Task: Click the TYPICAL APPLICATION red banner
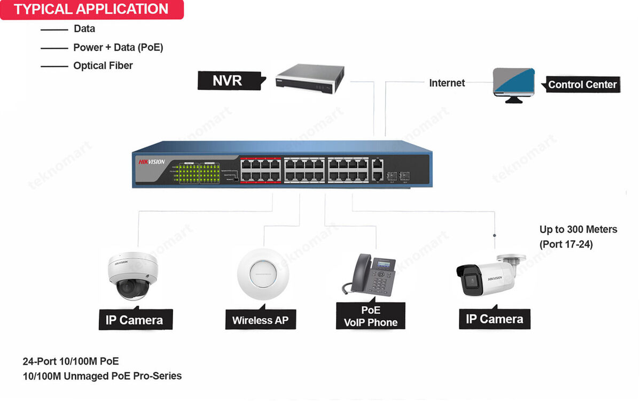[91, 9]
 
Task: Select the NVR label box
[229, 80]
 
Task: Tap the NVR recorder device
[308, 79]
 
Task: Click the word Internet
[447, 83]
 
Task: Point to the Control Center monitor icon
[513, 84]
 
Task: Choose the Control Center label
[582, 84]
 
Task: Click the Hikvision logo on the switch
[152, 162]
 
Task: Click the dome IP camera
[133, 275]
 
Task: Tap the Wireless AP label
[260, 320]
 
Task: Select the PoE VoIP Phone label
[371, 317]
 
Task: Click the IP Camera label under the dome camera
[134, 320]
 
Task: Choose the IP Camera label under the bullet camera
[494, 319]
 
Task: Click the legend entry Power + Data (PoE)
[118, 48]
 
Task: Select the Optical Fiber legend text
[103, 66]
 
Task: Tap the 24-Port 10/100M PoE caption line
[71, 361]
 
